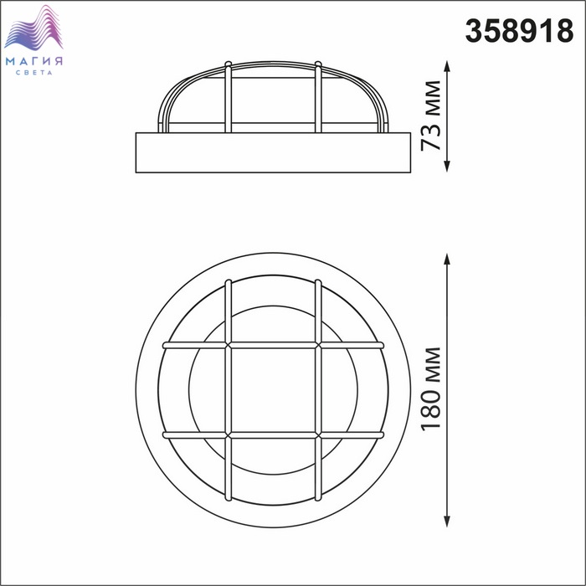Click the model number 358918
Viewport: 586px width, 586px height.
point(519,31)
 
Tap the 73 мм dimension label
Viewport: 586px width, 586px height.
point(431,116)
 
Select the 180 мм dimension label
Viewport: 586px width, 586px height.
point(431,389)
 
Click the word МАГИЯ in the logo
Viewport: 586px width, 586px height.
point(34,61)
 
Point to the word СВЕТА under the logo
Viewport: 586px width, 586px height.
point(34,73)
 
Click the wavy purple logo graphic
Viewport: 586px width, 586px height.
point(33,28)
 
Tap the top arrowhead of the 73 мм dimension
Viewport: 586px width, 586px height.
point(447,66)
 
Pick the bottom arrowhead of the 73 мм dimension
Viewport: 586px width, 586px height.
point(447,167)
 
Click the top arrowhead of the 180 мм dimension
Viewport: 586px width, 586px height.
point(447,259)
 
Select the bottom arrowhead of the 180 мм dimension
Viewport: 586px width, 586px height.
point(447,522)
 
